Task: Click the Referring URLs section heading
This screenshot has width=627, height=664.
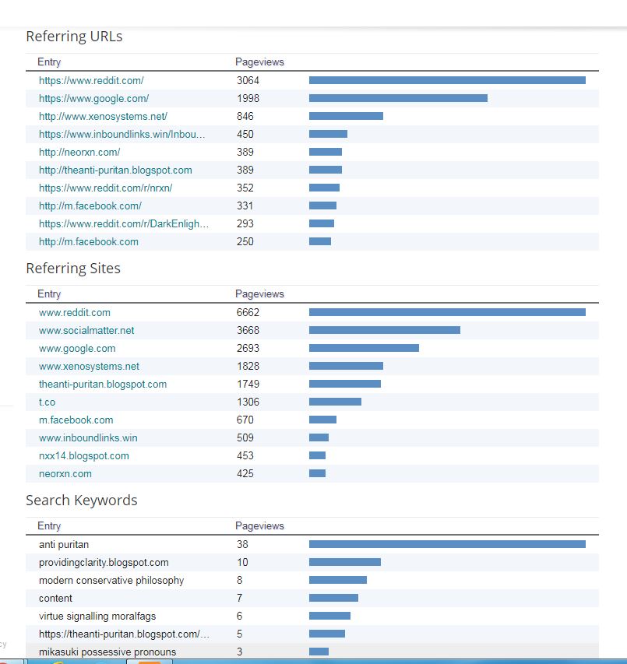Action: [x=74, y=37]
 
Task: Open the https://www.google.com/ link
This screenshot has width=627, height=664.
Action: [x=93, y=99]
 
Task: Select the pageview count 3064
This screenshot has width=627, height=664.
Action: [x=248, y=81]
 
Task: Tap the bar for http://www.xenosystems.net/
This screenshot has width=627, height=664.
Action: [x=346, y=116]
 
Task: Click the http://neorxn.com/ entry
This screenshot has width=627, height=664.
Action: [x=79, y=153]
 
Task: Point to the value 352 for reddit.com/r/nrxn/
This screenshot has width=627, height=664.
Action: [x=245, y=188]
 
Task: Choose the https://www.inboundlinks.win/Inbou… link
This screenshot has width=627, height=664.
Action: [x=122, y=135]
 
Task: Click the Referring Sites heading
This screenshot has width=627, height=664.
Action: [x=73, y=269]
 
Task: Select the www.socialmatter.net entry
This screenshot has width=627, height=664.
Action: [x=86, y=331]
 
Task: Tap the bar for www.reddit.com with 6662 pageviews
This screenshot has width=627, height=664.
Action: [x=447, y=312]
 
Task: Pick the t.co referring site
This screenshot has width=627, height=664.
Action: [x=47, y=402]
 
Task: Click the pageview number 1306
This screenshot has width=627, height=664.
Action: [x=248, y=402]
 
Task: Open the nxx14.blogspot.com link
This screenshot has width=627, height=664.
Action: [x=84, y=456]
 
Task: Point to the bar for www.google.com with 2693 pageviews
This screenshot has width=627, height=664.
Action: [x=364, y=348]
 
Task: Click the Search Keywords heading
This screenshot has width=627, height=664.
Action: [x=81, y=501]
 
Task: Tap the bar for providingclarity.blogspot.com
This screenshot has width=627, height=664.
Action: [x=344, y=562]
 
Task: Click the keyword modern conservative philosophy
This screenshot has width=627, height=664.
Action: [x=111, y=581]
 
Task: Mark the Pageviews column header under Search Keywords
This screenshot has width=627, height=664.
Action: [x=259, y=526]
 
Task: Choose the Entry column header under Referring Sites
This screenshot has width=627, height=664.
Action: [x=49, y=294]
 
